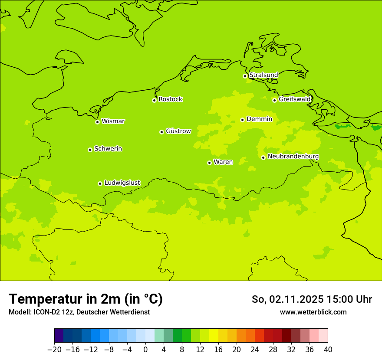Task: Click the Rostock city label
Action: [170, 99]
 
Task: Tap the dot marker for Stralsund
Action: [245, 76]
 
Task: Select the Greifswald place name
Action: [295, 99]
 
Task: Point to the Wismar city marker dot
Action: [97, 122]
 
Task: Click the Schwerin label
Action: [108, 149]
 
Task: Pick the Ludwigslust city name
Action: [122, 183]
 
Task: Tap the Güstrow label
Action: [178, 131]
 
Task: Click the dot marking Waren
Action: [209, 163]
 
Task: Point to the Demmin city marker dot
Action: [242, 120]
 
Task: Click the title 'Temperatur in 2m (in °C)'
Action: [86, 299]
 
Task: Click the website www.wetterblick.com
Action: [313, 312]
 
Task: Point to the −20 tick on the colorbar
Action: [54, 350]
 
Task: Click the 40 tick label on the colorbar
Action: [327, 350]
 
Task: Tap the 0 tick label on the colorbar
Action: [145, 350]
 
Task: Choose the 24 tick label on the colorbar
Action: [255, 350]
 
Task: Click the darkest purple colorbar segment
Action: [59, 336]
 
